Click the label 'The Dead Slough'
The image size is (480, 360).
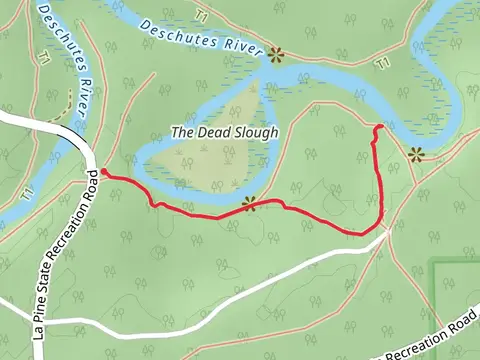[224, 131]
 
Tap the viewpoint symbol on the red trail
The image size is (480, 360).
[247, 202]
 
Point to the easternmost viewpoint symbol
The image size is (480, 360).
[415, 154]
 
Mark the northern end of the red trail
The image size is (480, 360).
[377, 128]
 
